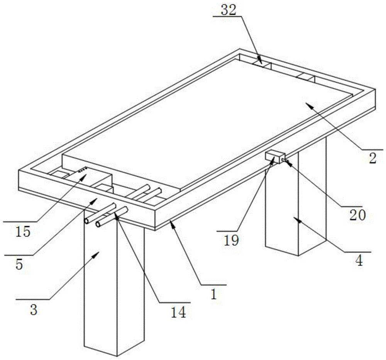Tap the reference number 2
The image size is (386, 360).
coord(372,158)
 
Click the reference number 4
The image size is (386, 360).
coord(359,261)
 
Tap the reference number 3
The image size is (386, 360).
coord(34,309)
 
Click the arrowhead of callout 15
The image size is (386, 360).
coord(86,175)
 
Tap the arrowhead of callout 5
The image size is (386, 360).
coord(97,199)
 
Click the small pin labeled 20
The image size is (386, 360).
coord(286,160)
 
